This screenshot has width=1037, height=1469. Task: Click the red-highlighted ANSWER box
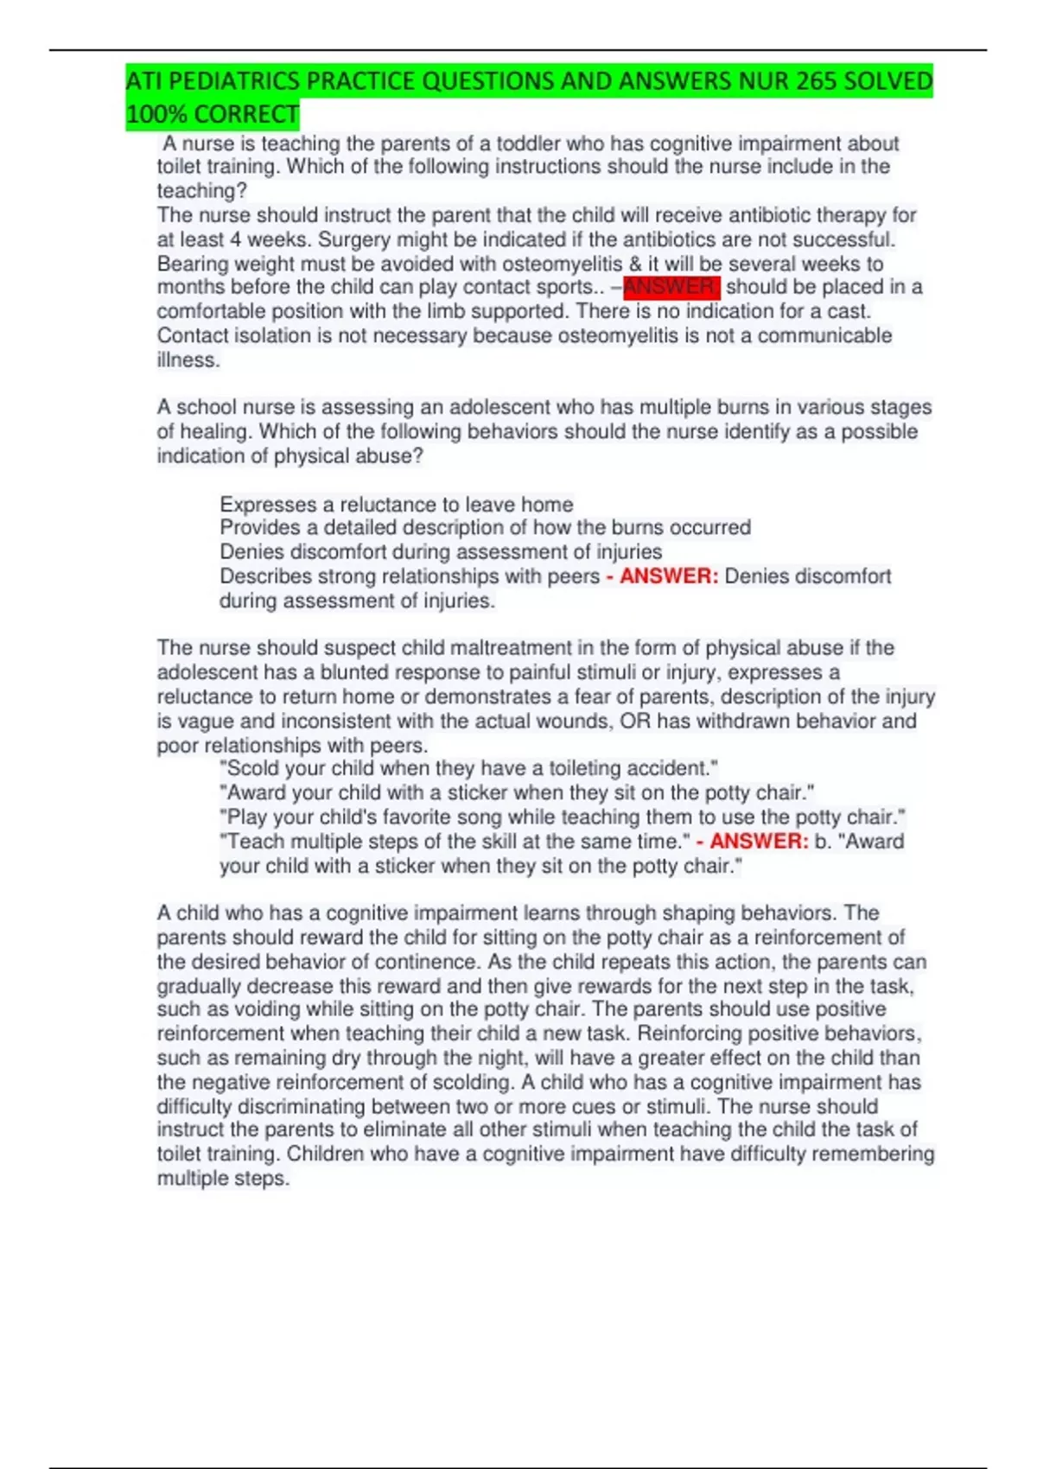pyautogui.click(x=671, y=287)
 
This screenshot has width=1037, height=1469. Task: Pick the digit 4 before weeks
pyautogui.click(x=236, y=239)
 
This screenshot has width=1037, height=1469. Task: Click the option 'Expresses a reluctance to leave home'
pyautogui.click(x=397, y=504)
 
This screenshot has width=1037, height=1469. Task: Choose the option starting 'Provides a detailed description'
pyautogui.click(x=485, y=527)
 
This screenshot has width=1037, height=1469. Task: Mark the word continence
pyautogui.click(x=429, y=962)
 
